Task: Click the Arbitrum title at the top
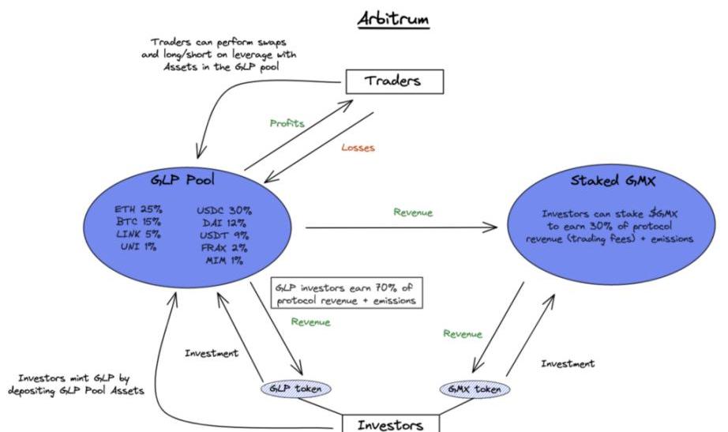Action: [x=393, y=17]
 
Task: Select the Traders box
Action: [x=394, y=81]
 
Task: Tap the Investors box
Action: [x=389, y=423]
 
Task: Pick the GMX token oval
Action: [x=474, y=389]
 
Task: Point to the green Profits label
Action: [x=287, y=123]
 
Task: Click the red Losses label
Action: [x=358, y=147]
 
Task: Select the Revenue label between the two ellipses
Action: [x=413, y=212]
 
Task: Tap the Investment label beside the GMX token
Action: [x=568, y=363]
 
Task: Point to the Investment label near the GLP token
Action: [x=211, y=353]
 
